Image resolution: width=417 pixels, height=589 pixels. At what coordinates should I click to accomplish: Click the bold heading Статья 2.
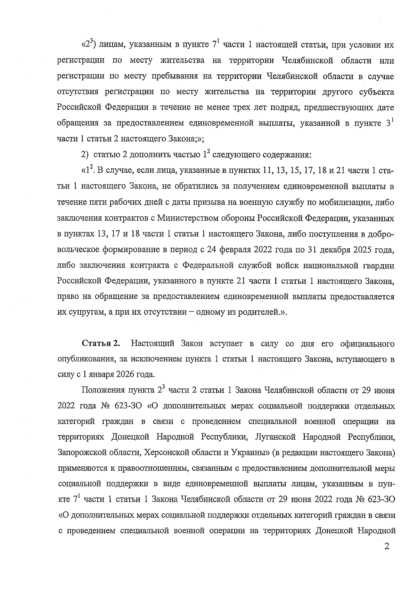pyautogui.click(x=101, y=344)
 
